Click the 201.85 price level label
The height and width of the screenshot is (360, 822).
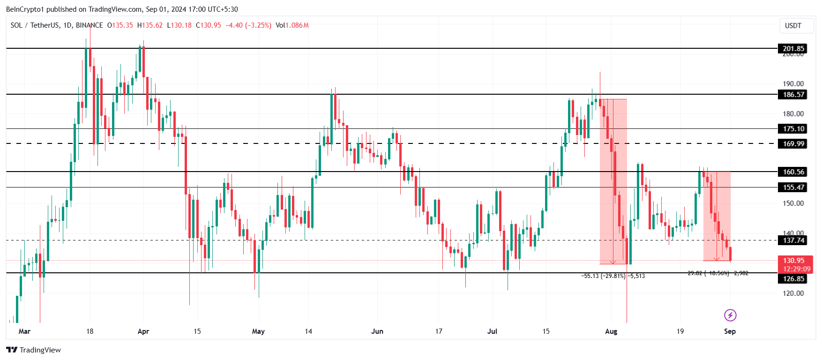793,48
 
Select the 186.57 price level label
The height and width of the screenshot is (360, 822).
793,94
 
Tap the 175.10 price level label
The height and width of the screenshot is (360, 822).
793,128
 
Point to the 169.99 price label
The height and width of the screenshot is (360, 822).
793,143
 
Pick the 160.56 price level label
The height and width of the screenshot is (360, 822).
793,172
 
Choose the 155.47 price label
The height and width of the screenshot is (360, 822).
793,187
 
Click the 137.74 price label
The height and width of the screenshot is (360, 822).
793,240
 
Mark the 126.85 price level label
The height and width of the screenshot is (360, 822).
793,278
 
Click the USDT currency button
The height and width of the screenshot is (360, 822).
793,26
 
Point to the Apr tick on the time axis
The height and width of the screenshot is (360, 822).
143,331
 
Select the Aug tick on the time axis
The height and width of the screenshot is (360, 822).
611,331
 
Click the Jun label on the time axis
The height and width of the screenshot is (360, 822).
377,331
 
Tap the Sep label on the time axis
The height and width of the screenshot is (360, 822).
730,331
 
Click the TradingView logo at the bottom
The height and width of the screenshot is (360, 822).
34,350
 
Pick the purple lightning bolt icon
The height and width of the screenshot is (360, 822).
730,315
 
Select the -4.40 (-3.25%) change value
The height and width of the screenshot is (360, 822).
248,25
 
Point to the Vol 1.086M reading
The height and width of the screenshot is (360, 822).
292,25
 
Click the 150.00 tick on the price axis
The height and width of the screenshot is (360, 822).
793,203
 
